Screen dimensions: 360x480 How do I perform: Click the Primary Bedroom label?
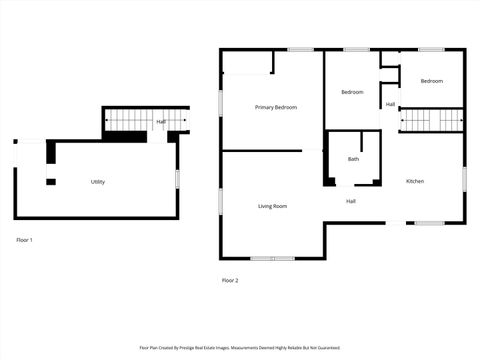pyautogui.click(x=275, y=107)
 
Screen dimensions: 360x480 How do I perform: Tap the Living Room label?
pyautogui.click(x=272, y=206)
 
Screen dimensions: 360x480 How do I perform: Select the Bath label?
pyautogui.click(x=353, y=159)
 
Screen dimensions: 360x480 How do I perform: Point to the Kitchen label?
pyautogui.click(x=415, y=181)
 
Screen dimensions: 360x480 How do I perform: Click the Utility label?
pyautogui.click(x=98, y=182)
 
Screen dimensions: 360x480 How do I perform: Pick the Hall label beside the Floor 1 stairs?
pyautogui.click(x=160, y=122)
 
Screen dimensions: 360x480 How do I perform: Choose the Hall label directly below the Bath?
pyautogui.click(x=351, y=201)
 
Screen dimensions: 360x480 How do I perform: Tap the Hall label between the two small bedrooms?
pyautogui.click(x=390, y=104)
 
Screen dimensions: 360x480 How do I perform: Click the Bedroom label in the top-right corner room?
pyautogui.click(x=431, y=81)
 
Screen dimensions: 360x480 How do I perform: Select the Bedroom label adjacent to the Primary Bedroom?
pyautogui.click(x=352, y=92)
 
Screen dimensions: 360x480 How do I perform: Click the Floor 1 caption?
pyautogui.click(x=25, y=240)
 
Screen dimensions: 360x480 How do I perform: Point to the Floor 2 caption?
pyautogui.click(x=230, y=280)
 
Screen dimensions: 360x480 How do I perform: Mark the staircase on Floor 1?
pyautogui.click(x=128, y=121)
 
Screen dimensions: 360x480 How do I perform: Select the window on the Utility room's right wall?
pyautogui.click(x=178, y=178)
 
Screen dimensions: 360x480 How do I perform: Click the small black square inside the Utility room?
pyautogui.click(x=51, y=181)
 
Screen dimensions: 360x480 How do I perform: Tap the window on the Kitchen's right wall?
pyautogui.click(x=465, y=178)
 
